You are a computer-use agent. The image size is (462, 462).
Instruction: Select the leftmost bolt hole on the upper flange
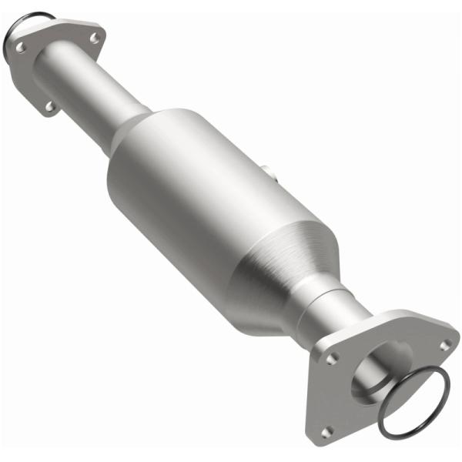pos(21,48)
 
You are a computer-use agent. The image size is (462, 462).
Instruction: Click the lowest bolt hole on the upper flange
pos(50,106)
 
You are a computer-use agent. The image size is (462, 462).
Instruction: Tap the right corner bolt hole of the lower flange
pos(444,345)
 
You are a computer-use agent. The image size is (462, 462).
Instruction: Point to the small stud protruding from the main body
pos(266,170)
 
